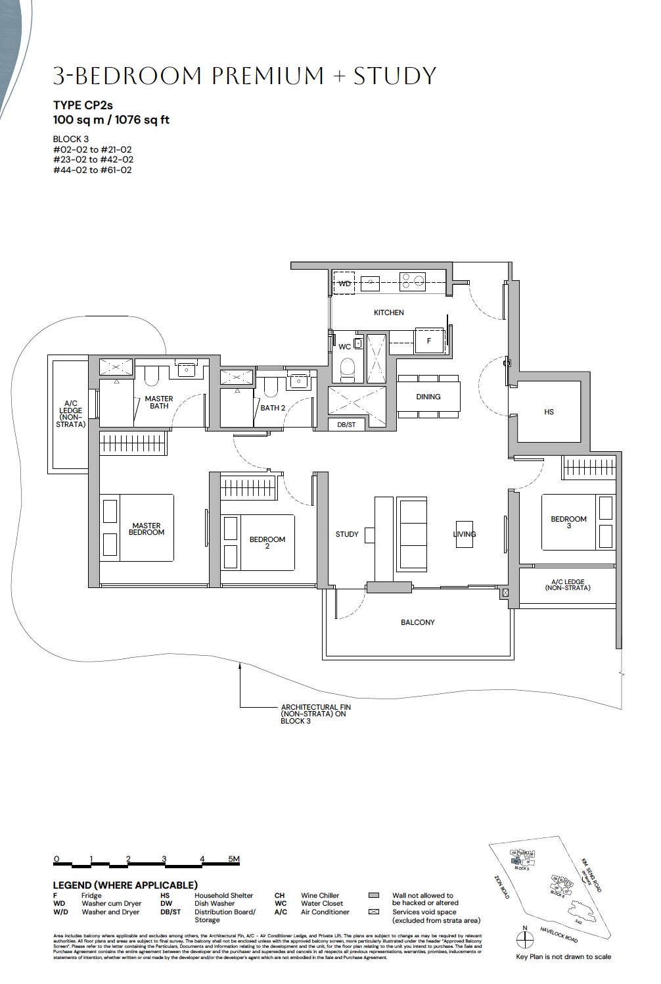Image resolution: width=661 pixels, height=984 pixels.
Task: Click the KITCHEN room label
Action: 388,312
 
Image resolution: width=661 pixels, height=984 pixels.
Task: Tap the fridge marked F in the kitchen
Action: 429,341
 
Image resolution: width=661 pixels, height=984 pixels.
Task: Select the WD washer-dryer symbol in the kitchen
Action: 344,284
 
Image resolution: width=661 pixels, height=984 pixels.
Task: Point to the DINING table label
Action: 428,397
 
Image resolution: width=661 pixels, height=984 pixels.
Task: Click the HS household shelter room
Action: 549,412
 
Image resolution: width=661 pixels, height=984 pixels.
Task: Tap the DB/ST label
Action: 346,425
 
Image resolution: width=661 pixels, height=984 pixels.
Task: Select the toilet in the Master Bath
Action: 152,376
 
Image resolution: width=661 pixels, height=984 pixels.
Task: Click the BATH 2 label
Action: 273,408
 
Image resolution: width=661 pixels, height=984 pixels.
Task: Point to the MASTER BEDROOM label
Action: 146,529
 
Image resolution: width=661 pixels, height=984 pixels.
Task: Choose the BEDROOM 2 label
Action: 267,542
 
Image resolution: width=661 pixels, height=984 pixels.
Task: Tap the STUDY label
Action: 347,534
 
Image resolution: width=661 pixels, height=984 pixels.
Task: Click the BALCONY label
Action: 417,622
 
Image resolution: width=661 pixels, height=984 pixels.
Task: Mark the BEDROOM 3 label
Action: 568,522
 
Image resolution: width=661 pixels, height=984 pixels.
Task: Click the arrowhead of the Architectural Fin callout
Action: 240,666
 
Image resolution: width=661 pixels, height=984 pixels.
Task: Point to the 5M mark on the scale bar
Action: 234,859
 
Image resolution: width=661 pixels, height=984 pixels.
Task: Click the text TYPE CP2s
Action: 83,105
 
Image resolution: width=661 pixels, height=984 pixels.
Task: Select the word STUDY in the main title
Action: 395,76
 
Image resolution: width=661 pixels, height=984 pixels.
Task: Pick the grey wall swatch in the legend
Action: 375,895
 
